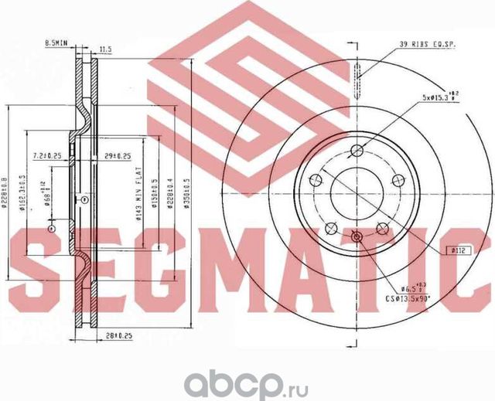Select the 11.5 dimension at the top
point(105,49)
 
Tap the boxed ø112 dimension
point(459,250)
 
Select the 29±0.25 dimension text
point(116,155)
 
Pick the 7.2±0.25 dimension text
point(47,155)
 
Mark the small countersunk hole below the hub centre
point(356,237)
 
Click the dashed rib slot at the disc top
point(356,75)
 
